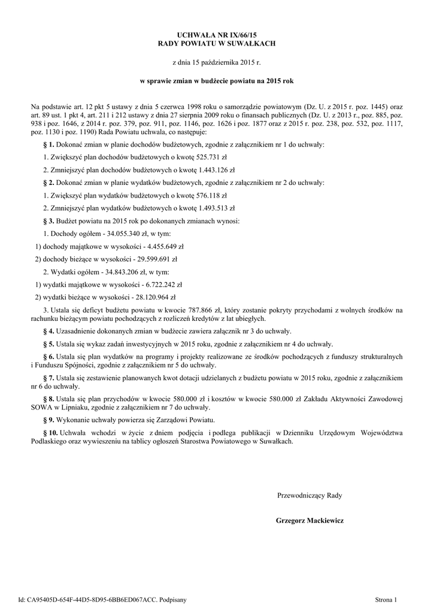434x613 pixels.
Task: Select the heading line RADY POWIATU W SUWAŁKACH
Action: point(217,44)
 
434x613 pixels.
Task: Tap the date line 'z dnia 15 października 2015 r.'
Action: point(217,62)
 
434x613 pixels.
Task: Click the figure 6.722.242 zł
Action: point(161,284)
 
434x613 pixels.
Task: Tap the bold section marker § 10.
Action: point(51,432)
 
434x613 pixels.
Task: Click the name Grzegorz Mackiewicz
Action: point(309,521)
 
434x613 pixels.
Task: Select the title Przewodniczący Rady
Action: point(309,495)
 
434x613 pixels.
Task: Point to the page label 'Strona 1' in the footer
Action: point(386,599)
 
